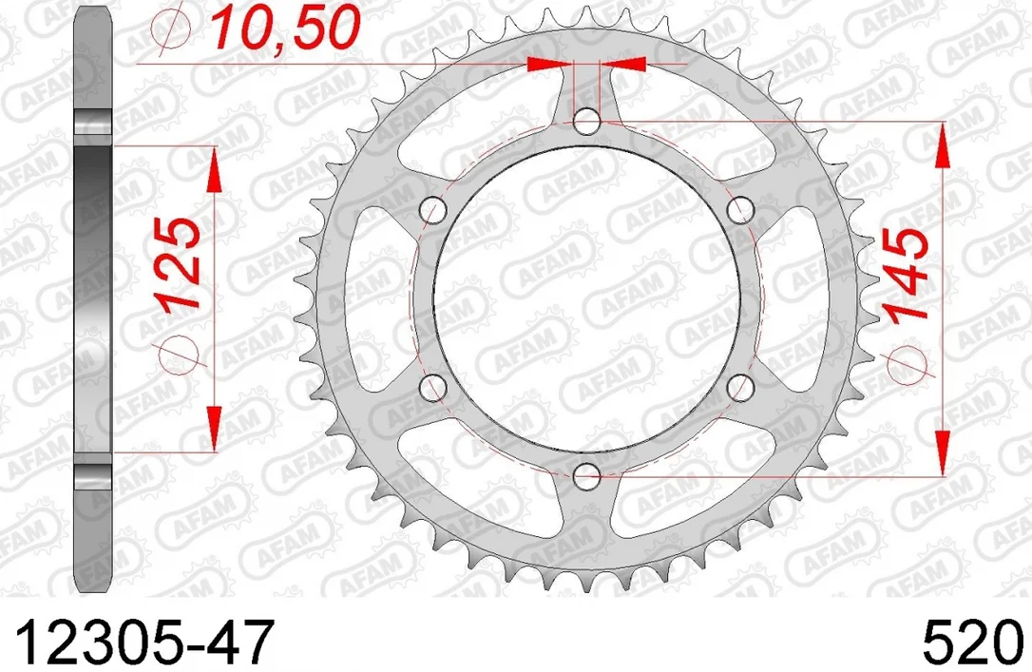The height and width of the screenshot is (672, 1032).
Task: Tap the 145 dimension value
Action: (x=907, y=274)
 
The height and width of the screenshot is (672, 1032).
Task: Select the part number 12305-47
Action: (x=143, y=643)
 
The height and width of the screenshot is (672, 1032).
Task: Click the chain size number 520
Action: (x=973, y=643)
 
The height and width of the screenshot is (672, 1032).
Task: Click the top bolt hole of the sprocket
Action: (x=586, y=121)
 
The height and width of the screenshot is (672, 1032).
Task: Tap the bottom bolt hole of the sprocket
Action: (x=586, y=476)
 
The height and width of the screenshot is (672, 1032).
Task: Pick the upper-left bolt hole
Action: (x=433, y=210)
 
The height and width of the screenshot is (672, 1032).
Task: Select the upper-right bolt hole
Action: (x=740, y=210)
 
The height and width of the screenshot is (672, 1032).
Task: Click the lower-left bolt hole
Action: (x=433, y=388)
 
